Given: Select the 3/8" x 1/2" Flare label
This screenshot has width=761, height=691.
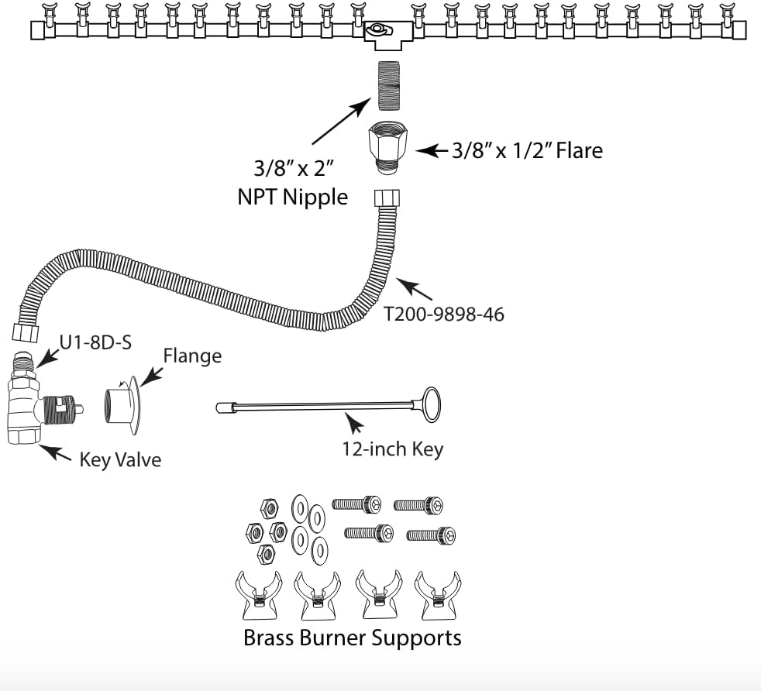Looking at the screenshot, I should tap(527, 150).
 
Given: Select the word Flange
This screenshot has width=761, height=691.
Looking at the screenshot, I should tap(192, 356).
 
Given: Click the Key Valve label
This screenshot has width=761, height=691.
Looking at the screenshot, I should tap(120, 459).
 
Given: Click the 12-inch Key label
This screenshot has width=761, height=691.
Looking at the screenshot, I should tap(393, 449).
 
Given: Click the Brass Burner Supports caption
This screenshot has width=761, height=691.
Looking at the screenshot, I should tap(353, 638).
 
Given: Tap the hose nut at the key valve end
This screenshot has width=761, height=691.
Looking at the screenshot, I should tap(26, 333).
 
